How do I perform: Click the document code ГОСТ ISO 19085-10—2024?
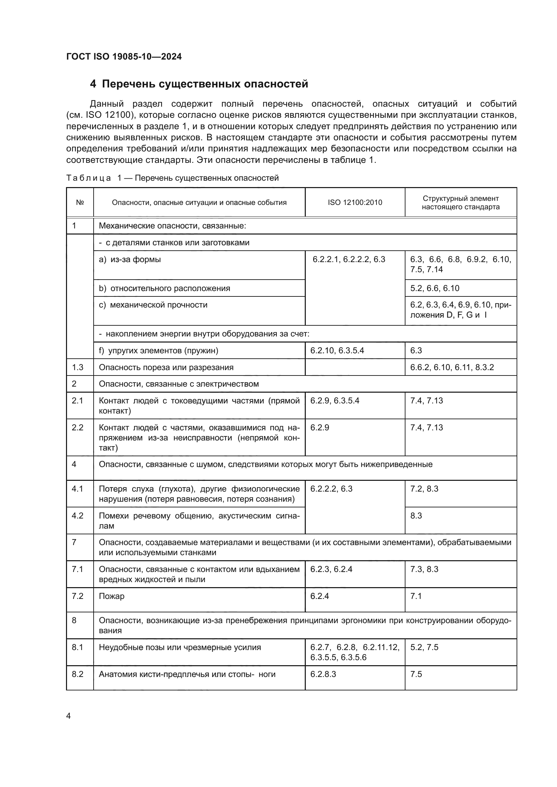point(124,57)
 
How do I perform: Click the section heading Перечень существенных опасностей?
point(205,84)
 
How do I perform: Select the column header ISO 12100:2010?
point(355,202)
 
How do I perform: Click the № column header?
point(80,202)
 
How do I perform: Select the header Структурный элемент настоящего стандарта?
point(460,203)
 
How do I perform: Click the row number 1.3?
point(77,367)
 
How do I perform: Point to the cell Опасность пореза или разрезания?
point(166,367)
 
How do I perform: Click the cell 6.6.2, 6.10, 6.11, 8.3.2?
point(452,367)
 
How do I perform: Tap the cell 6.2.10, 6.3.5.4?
point(337,350)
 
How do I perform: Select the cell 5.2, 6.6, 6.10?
point(434,288)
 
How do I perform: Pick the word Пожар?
point(111,596)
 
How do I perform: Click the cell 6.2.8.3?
point(323,674)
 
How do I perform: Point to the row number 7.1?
point(77,569)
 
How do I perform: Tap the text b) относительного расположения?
point(164,288)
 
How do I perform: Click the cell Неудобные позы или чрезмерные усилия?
point(180,647)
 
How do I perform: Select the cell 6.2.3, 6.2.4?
point(331,569)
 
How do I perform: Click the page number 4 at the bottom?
point(68,716)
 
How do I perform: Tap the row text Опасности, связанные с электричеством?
point(179,384)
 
